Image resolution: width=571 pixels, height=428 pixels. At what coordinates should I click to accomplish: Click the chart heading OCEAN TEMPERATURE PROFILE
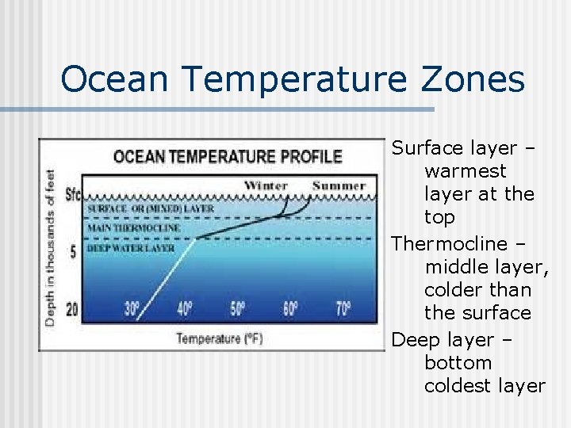pos(228,156)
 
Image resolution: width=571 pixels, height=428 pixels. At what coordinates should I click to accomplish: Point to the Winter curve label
pos(266,186)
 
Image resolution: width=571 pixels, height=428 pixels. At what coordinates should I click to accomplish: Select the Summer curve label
pos(339,186)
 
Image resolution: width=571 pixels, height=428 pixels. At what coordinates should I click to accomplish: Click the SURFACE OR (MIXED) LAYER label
pos(150,208)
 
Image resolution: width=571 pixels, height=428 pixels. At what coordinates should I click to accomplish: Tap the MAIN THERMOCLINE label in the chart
pos(133,228)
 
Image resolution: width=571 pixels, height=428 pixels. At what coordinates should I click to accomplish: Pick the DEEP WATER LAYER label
pos(130,248)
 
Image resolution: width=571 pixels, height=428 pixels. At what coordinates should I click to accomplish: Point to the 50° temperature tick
pos(238,309)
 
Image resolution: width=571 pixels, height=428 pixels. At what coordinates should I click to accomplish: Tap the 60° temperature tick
pos(289,309)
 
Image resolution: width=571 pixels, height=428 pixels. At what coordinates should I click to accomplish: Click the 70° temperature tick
pos(342,309)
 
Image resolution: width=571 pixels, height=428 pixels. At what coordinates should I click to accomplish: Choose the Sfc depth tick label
pos(72,195)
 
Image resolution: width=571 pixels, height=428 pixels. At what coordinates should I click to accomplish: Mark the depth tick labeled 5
pos(73,252)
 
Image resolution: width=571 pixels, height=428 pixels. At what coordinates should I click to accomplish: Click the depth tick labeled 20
pos(72,309)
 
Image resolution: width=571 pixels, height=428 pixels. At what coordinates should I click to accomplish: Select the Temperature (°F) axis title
pos(219,338)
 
